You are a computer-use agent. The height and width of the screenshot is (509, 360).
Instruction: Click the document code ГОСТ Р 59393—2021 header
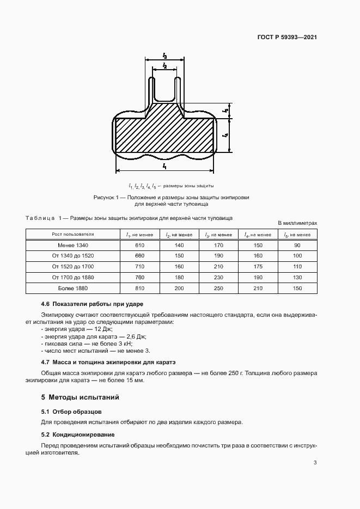coord(286,38)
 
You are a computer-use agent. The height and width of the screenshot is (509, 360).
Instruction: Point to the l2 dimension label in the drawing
coord(164,66)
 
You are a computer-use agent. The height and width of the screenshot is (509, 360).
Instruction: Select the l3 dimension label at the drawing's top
coord(164,56)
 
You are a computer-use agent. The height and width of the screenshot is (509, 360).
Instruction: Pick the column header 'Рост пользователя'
coord(73,234)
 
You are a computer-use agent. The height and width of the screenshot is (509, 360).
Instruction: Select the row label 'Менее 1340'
coord(73,245)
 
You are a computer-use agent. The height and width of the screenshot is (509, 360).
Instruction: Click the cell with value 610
coord(139,245)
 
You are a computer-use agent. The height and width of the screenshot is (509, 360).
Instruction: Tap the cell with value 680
coord(139,256)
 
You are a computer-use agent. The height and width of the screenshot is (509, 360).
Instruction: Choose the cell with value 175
coord(258,267)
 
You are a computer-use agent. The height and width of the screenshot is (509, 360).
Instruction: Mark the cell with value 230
coord(218,278)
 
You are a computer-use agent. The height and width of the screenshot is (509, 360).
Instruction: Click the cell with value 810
coord(139,289)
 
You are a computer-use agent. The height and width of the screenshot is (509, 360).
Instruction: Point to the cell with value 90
coord(297,245)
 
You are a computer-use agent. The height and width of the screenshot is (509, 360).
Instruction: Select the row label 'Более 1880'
coord(73,289)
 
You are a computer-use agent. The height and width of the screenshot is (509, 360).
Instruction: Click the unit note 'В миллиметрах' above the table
coord(297,223)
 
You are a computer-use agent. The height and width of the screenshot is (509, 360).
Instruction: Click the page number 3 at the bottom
coord(315,463)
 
